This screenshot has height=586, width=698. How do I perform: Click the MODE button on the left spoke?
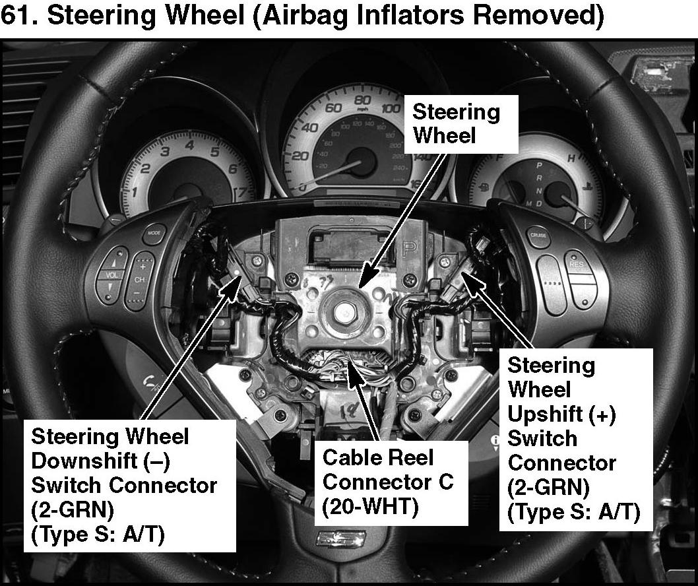(154, 234)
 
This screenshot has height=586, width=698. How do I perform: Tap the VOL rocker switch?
(111, 275)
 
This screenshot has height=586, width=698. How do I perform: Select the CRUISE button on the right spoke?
(538, 236)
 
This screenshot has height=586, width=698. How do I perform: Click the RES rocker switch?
(580, 279)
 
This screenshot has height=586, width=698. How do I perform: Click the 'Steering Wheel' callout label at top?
(457, 123)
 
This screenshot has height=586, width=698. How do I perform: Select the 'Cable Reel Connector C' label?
(388, 469)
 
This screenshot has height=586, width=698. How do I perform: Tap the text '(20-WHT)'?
(370, 506)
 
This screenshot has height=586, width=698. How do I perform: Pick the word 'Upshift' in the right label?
(546, 414)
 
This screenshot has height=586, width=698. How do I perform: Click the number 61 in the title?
(16, 15)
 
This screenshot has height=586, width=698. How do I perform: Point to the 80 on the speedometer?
(363, 100)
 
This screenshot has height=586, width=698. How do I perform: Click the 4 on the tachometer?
(190, 145)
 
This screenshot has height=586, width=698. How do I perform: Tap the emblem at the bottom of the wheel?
(341, 538)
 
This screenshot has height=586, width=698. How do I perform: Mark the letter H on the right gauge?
(571, 158)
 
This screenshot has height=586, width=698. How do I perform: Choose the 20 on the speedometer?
(300, 156)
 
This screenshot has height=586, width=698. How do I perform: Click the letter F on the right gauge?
(499, 157)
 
